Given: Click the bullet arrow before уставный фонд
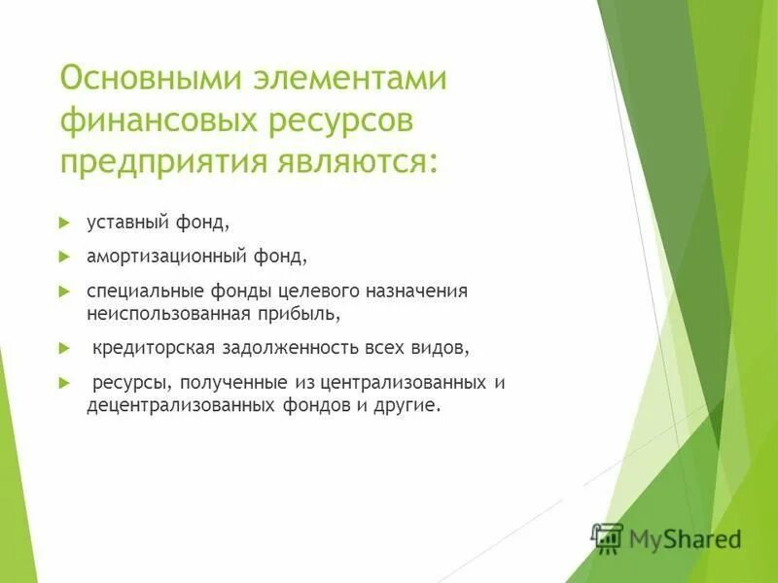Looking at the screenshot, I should coord(65,223).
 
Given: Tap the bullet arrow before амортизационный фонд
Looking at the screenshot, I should coord(65,257).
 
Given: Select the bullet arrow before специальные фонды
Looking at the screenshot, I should coord(65,291).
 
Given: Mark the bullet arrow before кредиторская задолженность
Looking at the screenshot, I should coord(65,347).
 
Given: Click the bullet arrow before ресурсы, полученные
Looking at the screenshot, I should coord(65,382).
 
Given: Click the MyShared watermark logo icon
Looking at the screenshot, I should coord(608,537).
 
